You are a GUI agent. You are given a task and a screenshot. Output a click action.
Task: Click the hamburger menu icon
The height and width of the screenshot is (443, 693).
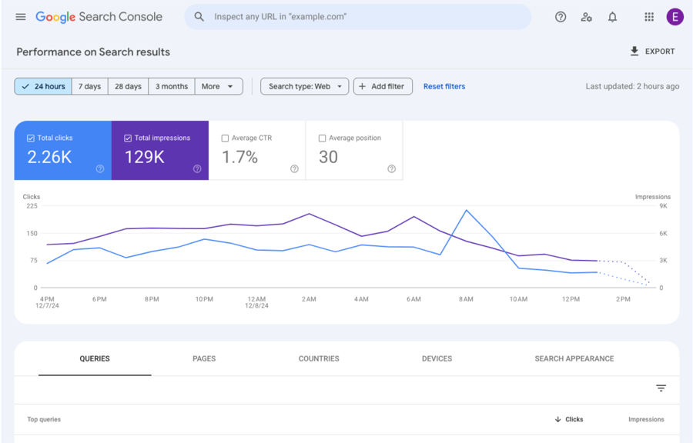(21, 17)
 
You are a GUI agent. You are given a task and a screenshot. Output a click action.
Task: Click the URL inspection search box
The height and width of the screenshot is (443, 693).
(358, 17)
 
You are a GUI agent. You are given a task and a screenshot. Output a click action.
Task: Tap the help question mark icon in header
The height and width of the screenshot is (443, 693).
(561, 17)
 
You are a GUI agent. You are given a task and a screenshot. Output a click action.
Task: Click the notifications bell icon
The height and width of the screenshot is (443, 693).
(612, 17)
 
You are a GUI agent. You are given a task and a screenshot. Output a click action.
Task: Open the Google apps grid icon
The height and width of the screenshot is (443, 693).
(649, 17)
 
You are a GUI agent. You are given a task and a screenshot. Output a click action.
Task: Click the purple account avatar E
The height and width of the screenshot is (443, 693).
(675, 17)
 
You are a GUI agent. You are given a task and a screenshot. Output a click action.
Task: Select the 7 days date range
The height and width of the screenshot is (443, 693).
(90, 86)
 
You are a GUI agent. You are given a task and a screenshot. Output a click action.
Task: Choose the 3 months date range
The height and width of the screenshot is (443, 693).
(172, 86)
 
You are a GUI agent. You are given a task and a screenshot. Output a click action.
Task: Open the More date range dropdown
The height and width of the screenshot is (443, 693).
(219, 86)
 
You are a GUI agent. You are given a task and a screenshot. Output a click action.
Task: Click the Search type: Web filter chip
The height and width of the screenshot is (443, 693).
(305, 86)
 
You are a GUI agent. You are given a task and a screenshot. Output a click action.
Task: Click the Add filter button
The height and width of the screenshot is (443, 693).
(383, 86)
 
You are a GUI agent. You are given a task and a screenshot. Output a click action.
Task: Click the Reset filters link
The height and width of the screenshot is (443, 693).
(444, 86)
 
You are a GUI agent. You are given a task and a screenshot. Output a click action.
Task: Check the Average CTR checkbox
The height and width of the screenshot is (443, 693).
(225, 138)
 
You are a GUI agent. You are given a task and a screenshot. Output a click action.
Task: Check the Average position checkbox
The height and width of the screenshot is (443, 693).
(322, 138)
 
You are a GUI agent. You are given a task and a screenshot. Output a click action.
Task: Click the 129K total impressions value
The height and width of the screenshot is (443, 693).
(145, 157)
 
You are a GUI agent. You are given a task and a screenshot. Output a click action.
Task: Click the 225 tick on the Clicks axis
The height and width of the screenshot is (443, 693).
(32, 206)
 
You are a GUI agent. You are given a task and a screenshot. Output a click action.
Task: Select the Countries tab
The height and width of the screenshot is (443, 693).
(319, 358)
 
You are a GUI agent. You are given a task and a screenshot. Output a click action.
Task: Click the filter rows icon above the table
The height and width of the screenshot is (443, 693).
(661, 388)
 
